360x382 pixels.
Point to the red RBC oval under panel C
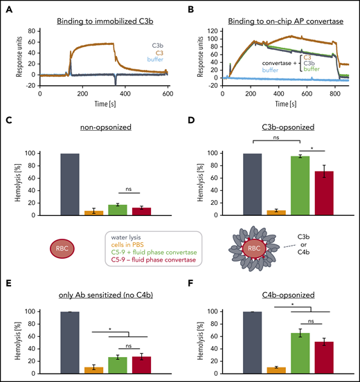pyautogui.click(x=62, y=249)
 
